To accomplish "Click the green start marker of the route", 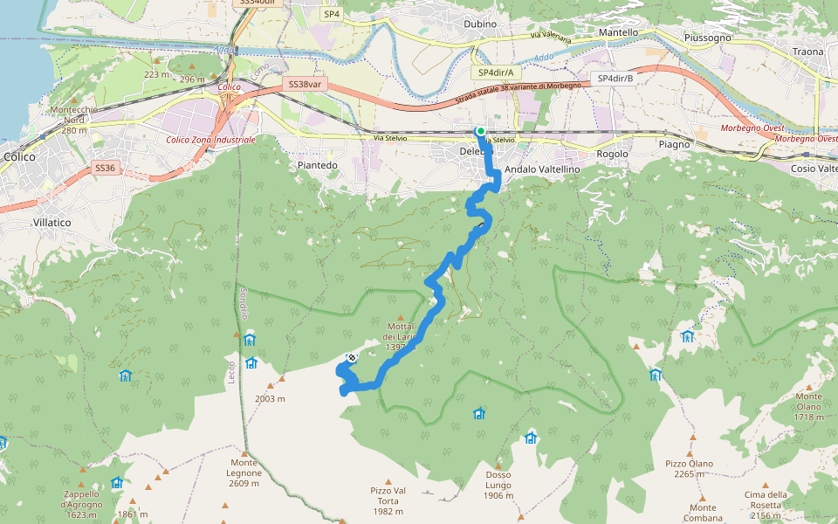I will coord(480,131).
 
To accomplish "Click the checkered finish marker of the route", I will coord(352,357).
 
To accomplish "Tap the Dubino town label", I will coord(480,24).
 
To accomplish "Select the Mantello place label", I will coord(618,32).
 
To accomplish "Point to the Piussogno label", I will coord(709,38).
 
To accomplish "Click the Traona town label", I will coord(807,52).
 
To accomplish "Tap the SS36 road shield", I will coord(105,168).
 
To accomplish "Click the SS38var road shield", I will coord(305,85).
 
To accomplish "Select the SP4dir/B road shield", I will coord(615,79).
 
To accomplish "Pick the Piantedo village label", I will coord(317,165).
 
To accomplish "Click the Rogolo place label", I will coord(612,155).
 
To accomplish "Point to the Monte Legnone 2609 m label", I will coord(245,472).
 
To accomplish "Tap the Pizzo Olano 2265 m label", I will coord(689,469).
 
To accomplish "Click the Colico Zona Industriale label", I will coord(210,140).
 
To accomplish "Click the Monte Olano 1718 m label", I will coord(808,407).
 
